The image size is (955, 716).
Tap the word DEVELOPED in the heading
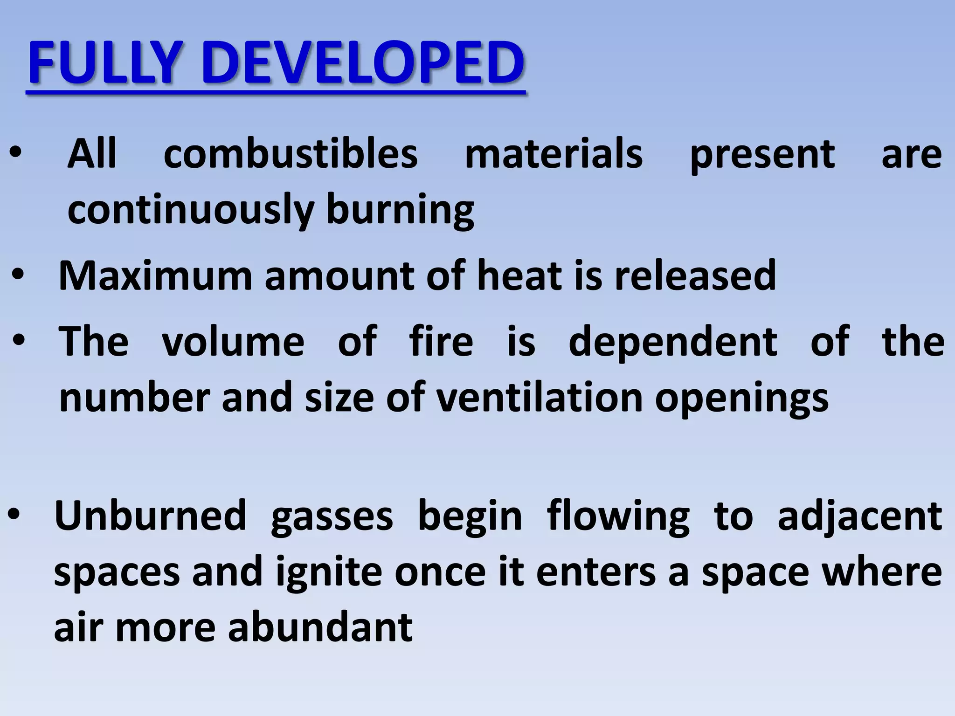pyautogui.click(x=363, y=63)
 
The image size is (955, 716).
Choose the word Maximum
pyautogui.click(x=155, y=276)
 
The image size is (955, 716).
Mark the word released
pyautogui.click(x=695, y=276)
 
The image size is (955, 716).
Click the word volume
pyautogui.click(x=233, y=342)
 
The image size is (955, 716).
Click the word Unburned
pyautogui.click(x=150, y=516)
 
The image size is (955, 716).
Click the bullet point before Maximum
pyautogui.click(x=18, y=276)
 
